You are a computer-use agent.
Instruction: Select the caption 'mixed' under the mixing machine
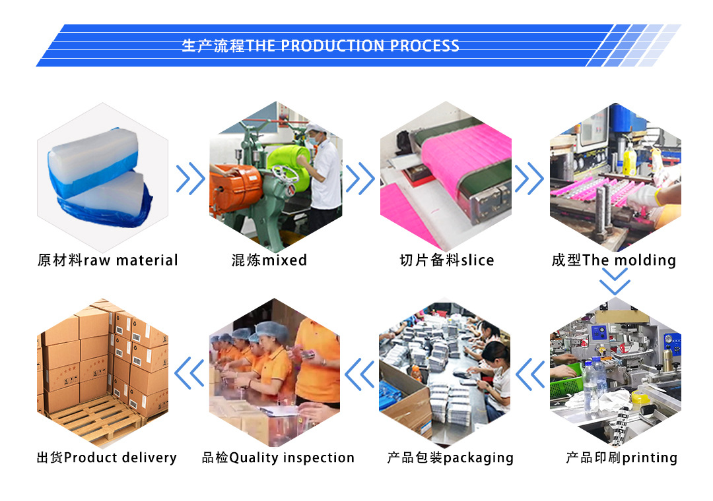[x=285, y=260]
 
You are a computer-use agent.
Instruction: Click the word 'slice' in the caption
[x=477, y=260]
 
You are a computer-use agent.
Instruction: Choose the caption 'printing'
[x=650, y=457]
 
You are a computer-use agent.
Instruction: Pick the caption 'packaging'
[x=478, y=457]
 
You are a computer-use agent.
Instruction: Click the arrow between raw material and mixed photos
[x=190, y=179]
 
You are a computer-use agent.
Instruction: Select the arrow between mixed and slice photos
[x=360, y=179]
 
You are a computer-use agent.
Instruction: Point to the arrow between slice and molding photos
[x=529, y=179]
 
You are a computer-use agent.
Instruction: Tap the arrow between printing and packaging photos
[x=529, y=374]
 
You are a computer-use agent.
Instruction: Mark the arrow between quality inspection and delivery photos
[x=189, y=374]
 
